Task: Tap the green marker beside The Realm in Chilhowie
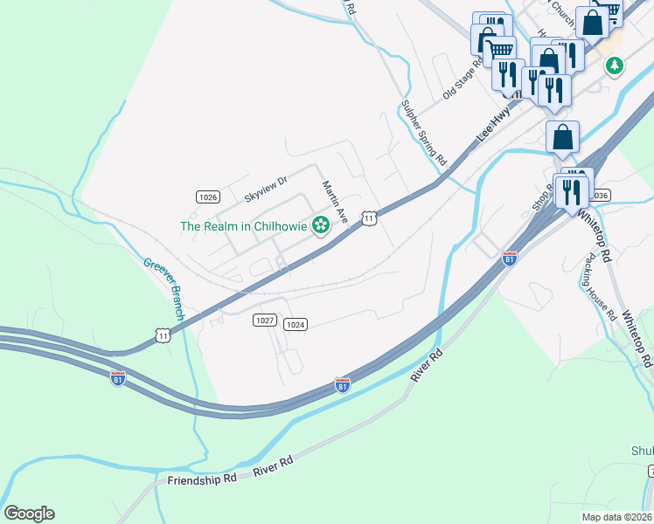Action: (321, 225)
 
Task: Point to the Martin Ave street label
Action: (334, 202)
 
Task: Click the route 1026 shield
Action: (207, 196)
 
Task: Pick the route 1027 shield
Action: (266, 321)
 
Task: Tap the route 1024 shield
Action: (296, 324)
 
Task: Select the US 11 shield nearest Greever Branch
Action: (163, 334)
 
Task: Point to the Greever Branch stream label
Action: (164, 287)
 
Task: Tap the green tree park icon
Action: (616, 65)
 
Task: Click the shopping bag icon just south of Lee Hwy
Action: (563, 136)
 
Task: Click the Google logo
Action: (29, 514)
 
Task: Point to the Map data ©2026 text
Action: (616, 517)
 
